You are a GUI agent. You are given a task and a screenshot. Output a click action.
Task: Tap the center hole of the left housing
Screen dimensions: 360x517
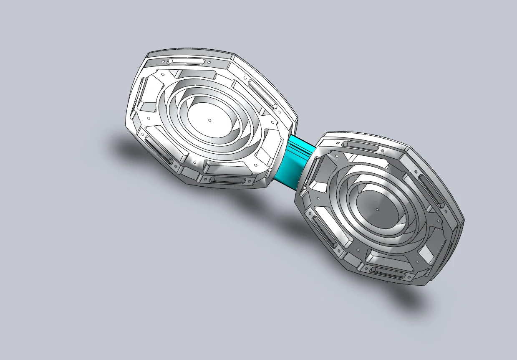click(210, 120)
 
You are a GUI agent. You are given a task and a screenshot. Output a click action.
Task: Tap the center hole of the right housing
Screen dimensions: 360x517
click(378, 209)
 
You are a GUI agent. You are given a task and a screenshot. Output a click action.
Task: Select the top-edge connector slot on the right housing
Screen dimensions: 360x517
click(362, 146)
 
